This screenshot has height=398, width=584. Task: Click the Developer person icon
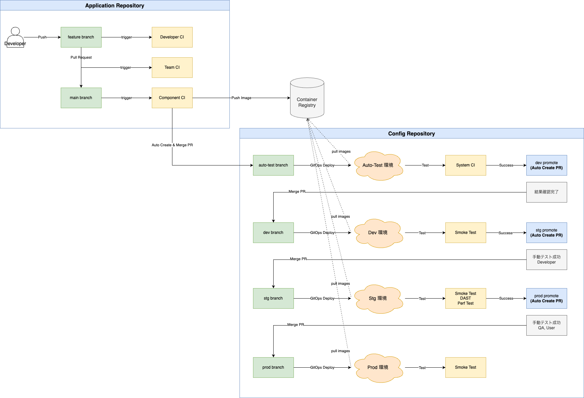coord(15,37)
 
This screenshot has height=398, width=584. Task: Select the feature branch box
coord(81,37)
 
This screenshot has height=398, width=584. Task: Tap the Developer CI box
coord(172,37)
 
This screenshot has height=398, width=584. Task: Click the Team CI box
coord(172,67)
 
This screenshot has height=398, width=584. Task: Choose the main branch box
coord(81,98)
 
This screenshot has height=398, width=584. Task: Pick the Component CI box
coord(172,98)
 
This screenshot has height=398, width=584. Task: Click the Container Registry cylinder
coord(307,98)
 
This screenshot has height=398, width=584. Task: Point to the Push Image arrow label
coord(241,98)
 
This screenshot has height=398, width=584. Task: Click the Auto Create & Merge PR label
coord(172,145)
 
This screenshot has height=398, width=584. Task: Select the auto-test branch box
coord(273,165)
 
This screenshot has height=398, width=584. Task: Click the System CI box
coord(466,165)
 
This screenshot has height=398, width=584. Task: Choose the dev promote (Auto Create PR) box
coord(547,165)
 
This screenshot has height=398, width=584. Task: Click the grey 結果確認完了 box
coord(547,192)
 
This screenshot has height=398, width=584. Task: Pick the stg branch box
coord(273,298)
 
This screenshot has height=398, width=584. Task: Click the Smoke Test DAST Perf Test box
coord(466,298)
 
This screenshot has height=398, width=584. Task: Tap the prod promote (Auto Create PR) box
coord(547,298)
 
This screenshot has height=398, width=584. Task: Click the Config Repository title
coord(412,133)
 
